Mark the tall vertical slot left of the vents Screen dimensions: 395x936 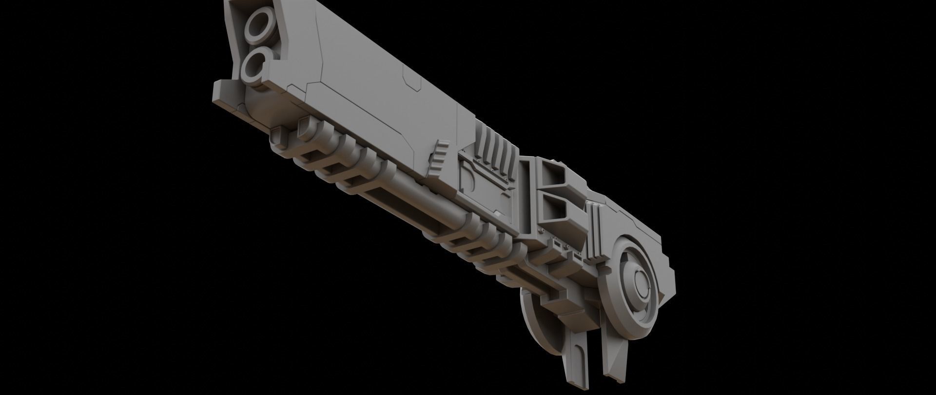(526, 195)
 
